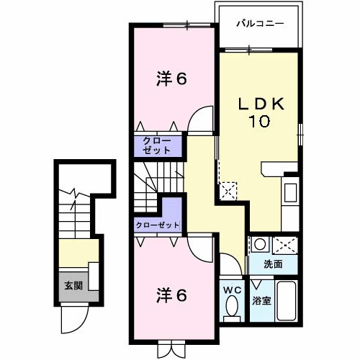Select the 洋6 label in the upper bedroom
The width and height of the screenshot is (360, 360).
172,79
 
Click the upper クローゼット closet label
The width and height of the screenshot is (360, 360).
156,145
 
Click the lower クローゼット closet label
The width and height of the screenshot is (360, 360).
158,225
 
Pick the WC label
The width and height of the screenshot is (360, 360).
233,290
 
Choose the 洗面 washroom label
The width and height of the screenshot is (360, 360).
273,264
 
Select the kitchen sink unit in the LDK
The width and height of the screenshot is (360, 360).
291,193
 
